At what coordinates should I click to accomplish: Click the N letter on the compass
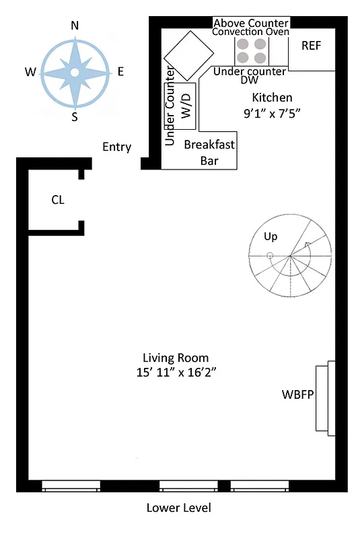(x=75, y=26)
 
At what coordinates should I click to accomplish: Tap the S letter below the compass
(x=75, y=117)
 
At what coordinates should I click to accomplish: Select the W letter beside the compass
(x=30, y=71)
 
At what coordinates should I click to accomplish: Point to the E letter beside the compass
(x=120, y=71)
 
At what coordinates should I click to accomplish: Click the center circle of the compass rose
(x=75, y=71)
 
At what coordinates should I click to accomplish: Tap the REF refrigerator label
(x=311, y=46)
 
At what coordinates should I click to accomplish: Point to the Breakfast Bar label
(x=209, y=152)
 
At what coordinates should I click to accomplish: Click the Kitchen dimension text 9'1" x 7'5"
(x=271, y=114)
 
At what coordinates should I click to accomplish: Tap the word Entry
(x=116, y=147)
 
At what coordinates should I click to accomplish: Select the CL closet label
(x=58, y=200)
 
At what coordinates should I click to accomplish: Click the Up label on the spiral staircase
(x=271, y=237)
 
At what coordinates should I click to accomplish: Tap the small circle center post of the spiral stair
(x=270, y=256)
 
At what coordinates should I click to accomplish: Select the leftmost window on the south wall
(x=71, y=486)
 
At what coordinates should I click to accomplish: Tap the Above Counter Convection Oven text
(x=251, y=27)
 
